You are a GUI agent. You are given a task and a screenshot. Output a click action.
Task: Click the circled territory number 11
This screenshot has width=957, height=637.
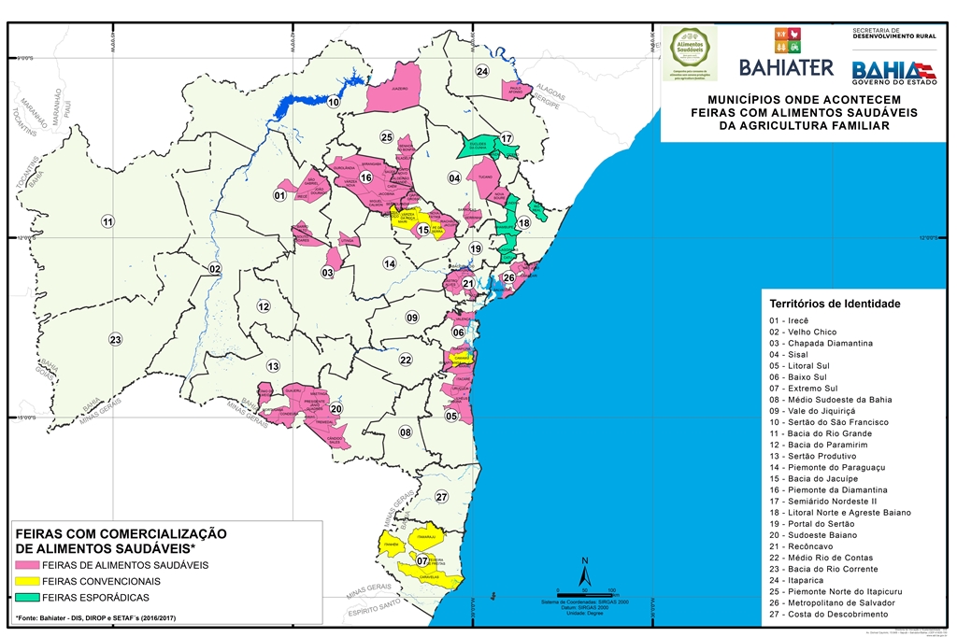tap(107, 221)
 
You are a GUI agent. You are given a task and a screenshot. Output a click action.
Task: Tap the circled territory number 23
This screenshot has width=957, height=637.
tap(115, 339)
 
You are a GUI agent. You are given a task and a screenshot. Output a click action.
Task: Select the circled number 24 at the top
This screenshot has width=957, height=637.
tap(481, 71)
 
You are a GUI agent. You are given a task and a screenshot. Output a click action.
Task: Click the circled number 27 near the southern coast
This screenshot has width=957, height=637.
tap(441, 496)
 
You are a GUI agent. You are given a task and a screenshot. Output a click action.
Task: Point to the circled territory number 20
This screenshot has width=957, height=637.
tap(336, 408)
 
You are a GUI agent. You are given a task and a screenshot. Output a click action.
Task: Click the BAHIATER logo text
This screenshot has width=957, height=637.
tap(786, 66)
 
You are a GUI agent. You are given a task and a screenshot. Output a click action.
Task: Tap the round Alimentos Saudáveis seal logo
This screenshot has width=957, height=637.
tap(689, 52)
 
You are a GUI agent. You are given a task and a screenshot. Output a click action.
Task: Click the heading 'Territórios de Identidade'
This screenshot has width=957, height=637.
tap(834, 304)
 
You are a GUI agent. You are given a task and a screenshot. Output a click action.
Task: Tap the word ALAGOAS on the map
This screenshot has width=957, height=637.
tap(551, 91)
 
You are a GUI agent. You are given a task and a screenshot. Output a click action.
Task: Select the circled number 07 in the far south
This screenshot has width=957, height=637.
tap(422, 560)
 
